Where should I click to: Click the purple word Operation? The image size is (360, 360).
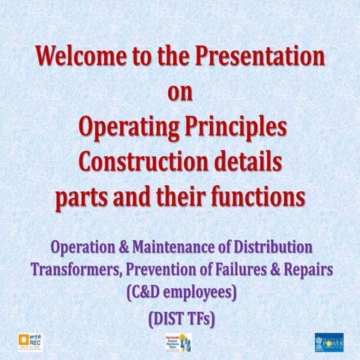pos(79,246)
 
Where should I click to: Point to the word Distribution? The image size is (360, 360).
pos(275,246)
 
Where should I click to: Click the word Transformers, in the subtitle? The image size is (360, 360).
pos(74,269)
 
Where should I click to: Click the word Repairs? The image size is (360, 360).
pos(307,269)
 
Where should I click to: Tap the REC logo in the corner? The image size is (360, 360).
pos(30,341)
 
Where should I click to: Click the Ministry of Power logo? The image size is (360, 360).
pos(328,342)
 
